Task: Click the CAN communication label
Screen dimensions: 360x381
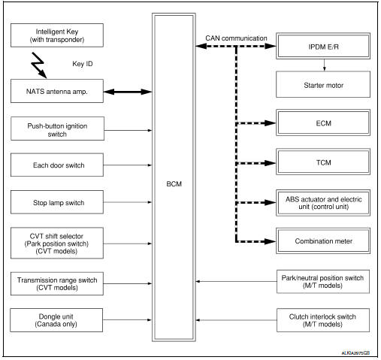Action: tap(237, 38)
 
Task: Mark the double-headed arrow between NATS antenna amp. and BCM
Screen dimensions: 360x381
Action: tap(131, 93)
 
